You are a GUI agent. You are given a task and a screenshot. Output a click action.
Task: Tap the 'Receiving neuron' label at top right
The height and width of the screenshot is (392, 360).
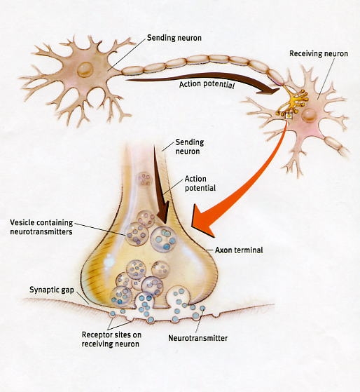[x=319, y=53]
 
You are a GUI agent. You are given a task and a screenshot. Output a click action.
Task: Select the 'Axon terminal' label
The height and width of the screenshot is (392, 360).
[x=239, y=250]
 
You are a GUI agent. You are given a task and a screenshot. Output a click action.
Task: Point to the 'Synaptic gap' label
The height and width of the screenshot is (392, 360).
[x=52, y=290]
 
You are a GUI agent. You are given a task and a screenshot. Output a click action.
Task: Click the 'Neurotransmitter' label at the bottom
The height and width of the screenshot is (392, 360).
[x=198, y=338]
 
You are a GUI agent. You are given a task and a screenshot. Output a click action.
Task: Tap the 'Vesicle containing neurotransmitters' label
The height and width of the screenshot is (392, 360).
[x=41, y=227]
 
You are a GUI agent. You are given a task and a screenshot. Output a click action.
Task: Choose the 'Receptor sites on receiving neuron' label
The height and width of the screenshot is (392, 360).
[x=111, y=339]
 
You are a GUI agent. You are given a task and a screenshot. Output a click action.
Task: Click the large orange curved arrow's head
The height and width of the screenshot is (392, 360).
[x=202, y=220]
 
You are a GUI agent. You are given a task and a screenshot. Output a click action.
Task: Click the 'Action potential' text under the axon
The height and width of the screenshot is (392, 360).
[x=207, y=84]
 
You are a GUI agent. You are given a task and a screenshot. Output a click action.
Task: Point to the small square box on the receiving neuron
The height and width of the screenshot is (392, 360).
[x=289, y=116]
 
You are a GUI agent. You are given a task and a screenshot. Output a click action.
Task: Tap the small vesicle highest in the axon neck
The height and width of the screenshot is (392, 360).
[x=144, y=180]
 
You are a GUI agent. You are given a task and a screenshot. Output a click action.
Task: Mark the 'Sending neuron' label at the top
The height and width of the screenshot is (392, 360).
[x=174, y=38]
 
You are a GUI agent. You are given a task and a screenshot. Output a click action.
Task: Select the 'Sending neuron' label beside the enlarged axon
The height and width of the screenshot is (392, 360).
[x=190, y=147]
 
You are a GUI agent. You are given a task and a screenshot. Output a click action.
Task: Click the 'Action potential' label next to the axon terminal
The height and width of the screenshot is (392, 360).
[x=200, y=184]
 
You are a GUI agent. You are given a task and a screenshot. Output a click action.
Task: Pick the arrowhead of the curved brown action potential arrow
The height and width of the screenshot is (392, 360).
[x=270, y=90]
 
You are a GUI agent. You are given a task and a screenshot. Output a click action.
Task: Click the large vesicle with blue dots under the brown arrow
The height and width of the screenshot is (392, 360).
[x=163, y=238]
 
